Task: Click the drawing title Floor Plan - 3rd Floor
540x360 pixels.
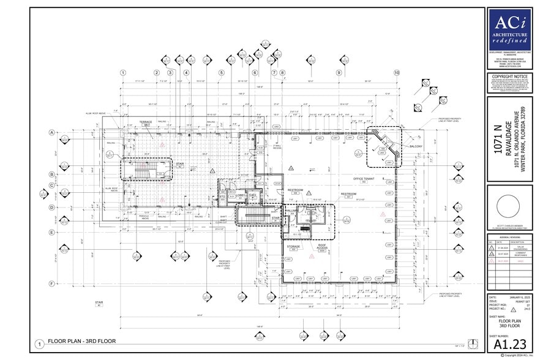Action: [82, 341]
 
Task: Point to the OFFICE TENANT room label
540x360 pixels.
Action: [354, 179]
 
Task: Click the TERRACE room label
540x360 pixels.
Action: [146, 122]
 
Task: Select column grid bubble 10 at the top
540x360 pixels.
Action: [396, 73]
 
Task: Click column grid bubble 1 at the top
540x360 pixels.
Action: [123, 73]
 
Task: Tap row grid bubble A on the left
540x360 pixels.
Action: [53, 132]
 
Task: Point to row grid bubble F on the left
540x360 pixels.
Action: [53, 283]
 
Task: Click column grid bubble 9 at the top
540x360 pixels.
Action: [339, 73]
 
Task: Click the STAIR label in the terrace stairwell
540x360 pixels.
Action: [163, 164]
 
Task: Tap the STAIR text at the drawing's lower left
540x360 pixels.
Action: [99, 302]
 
